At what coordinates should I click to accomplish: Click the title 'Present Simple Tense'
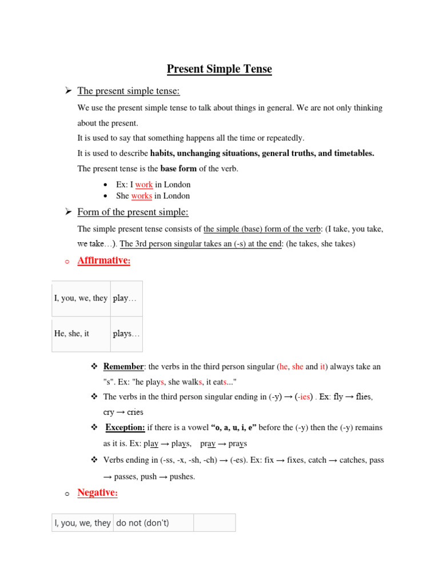219,70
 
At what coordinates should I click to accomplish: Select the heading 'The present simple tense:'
129,91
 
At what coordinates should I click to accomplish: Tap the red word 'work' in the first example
144,185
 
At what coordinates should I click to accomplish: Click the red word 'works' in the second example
141,196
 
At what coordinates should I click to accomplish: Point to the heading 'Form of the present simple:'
133,213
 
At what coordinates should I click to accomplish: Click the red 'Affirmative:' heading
104,261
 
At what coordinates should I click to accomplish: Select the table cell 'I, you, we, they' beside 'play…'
81,298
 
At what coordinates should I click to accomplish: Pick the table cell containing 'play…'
125,298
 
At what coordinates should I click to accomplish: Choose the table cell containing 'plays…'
126,334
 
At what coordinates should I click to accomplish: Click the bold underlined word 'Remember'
123,367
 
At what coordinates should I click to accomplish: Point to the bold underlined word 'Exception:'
125,427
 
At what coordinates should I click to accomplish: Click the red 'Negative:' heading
97,492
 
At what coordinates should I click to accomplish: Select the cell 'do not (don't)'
143,523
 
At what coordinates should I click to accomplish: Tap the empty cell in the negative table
214,523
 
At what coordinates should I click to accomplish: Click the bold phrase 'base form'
178,169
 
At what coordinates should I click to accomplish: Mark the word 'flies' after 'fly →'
364,396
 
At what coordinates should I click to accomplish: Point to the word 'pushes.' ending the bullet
181,476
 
